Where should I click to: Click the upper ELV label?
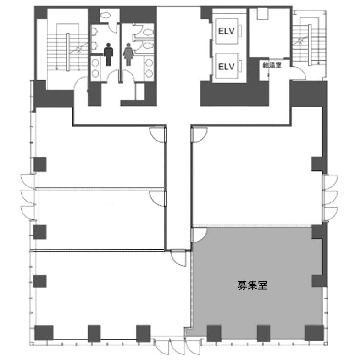pyautogui.click(x=226, y=31)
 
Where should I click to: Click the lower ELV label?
pyautogui.click(x=226, y=67)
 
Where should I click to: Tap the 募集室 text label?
pyautogui.click(x=252, y=285)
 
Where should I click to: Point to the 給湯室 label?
pyautogui.click(x=272, y=65)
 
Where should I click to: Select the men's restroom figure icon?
pyautogui.click(x=108, y=54)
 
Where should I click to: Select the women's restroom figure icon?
pyautogui.click(x=128, y=54)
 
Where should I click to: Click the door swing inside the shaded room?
pyautogui.click(x=200, y=235)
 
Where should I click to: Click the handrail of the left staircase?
pyautogui.click(x=68, y=52)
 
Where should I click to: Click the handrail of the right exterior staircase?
pyautogui.click(x=310, y=45)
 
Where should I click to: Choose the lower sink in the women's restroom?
pyautogui.click(x=149, y=73)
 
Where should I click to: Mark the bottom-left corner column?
pyautogui.click(x=44, y=332)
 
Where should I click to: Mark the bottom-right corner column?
pyautogui.click(x=314, y=333)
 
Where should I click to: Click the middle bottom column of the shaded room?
pyautogui.click(x=263, y=333)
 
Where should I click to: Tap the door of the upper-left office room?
pyautogui.click(x=158, y=135)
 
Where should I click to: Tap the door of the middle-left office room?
pyautogui.click(x=158, y=199)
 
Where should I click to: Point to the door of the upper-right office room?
pyautogui.click(x=199, y=135)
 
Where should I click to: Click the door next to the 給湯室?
pyautogui.click(x=298, y=73)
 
